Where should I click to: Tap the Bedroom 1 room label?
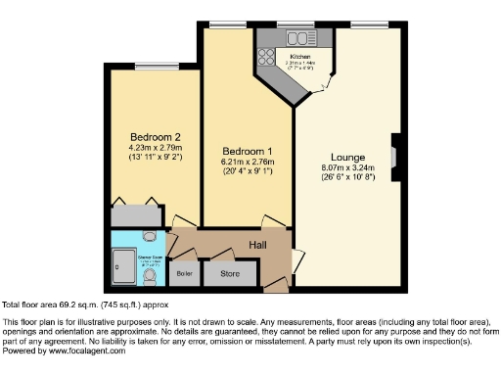[246, 152]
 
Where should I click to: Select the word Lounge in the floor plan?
[347, 157]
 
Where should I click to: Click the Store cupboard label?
[228, 273]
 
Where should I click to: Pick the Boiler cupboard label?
[181, 274]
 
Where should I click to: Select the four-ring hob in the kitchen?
[267, 54]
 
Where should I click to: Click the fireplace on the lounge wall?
[393, 156]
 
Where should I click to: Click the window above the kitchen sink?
[293, 23]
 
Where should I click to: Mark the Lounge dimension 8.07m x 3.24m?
[347, 168]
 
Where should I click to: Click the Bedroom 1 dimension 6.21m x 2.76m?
[246, 163]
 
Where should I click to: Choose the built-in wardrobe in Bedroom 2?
[135, 213]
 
